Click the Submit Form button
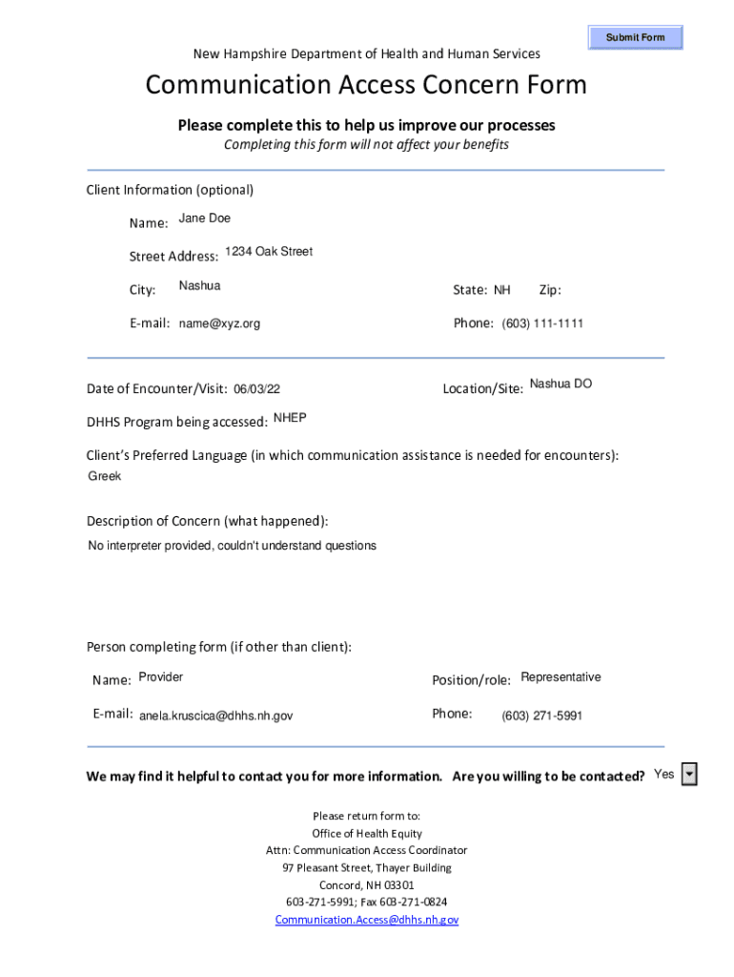(635, 37)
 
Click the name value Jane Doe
(205, 218)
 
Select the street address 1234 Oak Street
(269, 252)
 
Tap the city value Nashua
(199, 286)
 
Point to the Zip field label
(550, 290)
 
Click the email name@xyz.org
(219, 323)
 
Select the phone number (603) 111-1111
(542, 323)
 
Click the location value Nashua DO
(561, 384)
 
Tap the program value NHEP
(290, 418)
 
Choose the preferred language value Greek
(105, 476)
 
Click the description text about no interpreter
(232, 546)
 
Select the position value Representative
(561, 677)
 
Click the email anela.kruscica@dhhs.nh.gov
(216, 716)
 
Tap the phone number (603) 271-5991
(541, 716)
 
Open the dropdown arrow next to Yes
(689, 775)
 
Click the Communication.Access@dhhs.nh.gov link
(367, 920)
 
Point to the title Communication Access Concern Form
(366, 86)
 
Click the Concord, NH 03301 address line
(367, 884)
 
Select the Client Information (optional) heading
(170, 190)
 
